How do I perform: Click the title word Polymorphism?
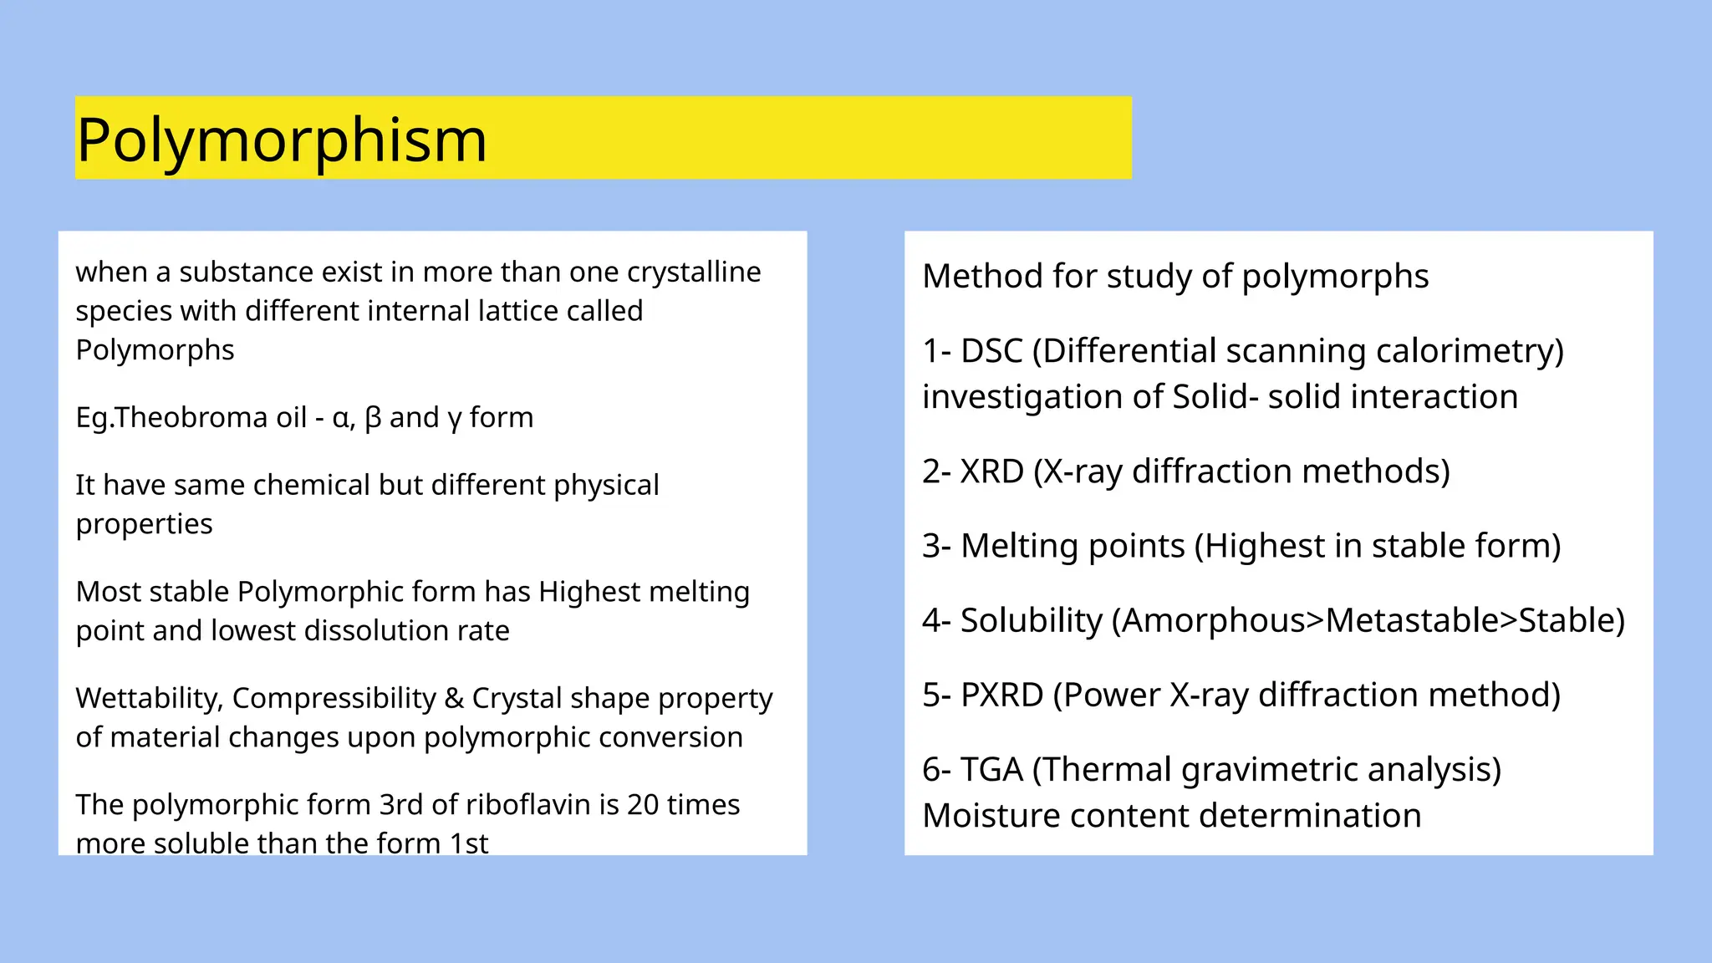coord(281,140)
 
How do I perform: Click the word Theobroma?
coord(211,417)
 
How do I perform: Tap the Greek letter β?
coord(373,417)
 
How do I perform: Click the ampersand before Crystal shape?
coord(454,698)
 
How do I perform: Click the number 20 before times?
coord(643,804)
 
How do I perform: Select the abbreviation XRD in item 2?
coord(991,471)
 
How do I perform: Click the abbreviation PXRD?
coord(1001,695)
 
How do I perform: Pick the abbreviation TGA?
coord(991,769)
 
